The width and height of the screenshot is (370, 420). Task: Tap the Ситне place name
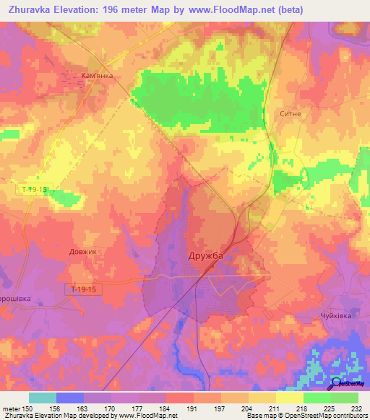[290, 114]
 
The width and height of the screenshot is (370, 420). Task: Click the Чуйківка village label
[335, 316]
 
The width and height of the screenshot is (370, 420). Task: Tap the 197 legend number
[218, 408]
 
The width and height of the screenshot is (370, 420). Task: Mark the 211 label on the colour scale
[270, 408]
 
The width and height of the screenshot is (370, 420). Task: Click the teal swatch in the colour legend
[43, 398]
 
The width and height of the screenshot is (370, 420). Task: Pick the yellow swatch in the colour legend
[289, 398]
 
